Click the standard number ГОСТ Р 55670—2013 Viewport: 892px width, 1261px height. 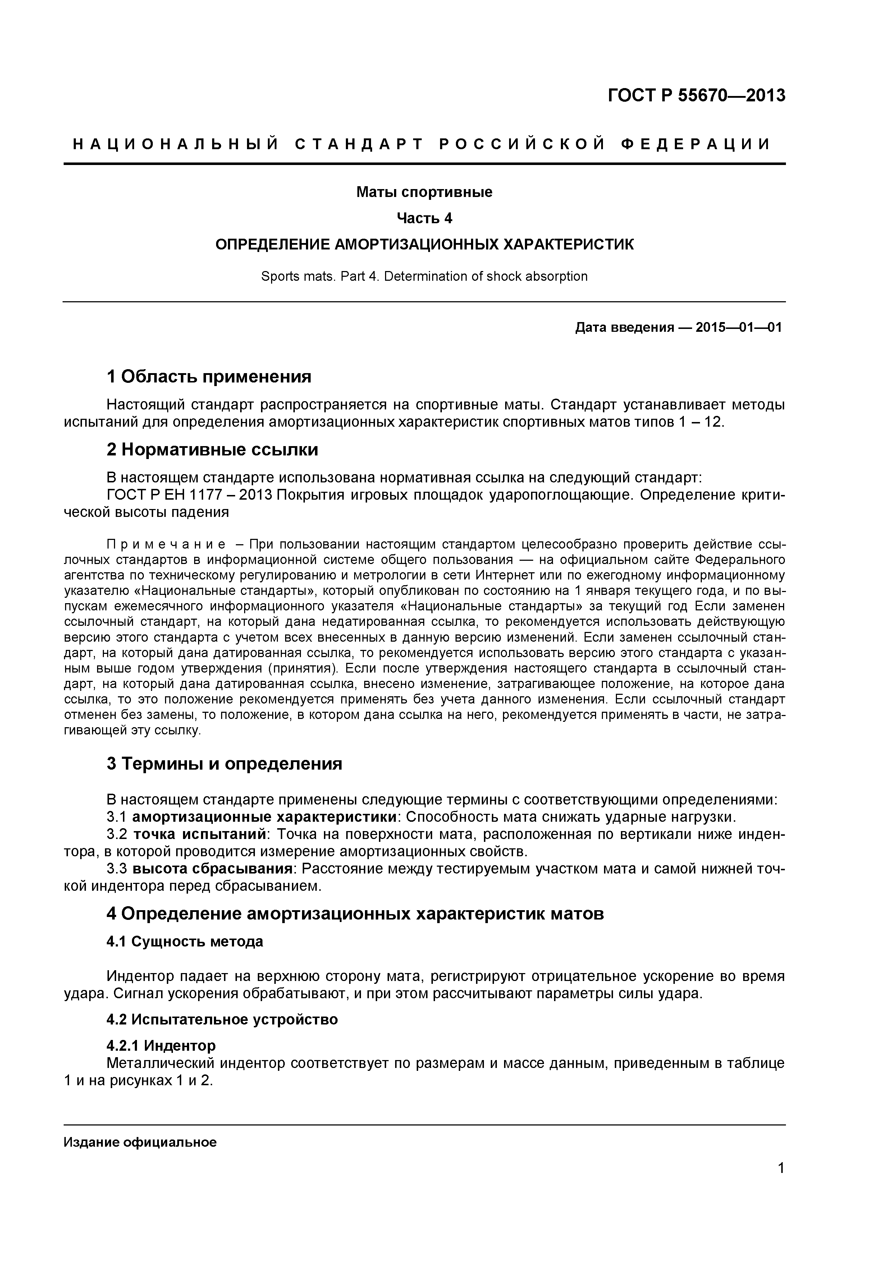696,96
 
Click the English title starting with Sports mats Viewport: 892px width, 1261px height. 424,276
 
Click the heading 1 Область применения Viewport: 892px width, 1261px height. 209,377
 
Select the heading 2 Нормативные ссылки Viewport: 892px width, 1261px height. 212,450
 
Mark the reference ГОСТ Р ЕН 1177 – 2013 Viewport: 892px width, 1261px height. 189,495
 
